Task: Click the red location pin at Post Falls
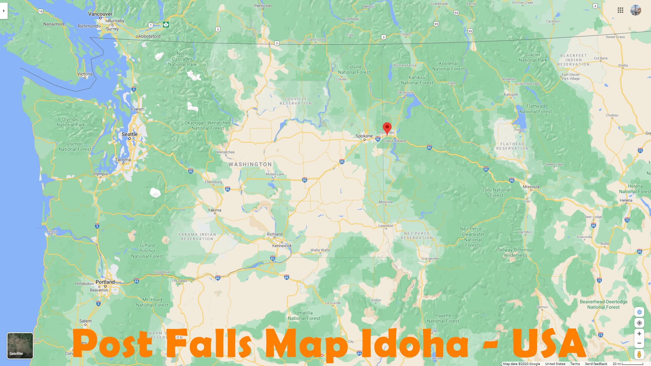pyautogui.click(x=387, y=128)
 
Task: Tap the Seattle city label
pyautogui.click(x=130, y=134)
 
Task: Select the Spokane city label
pyautogui.click(x=364, y=136)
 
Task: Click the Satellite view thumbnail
pyautogui.click(x=20, y=346)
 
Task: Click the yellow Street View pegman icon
pyautogui.click(x=639, y=354)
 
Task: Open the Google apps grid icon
pyautogui.click(x=620, y=10)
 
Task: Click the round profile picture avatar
pyautogui.click(x=636, y=10)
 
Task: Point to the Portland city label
pyautogui.click(x=105, y=282)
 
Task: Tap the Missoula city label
pyautogui.click(x=531, y=187)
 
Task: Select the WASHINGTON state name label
pyautogui.click(x=250, y=164)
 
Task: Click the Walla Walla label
pyautogui.click(x=320, y=250)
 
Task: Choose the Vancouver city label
pyautogui.click(x=100, y=14)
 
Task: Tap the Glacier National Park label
pyautogui.click(x=533, y=57)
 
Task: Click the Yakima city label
pyautogui.click(x=215, y=210)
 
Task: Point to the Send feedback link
pyautogui.click(x=596, y=364)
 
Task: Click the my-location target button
pyautogui.click(x=639, y=323)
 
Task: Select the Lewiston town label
pyautogui.click(x=386, y=226)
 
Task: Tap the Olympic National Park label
pyautogui.click(x=71, y=122)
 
